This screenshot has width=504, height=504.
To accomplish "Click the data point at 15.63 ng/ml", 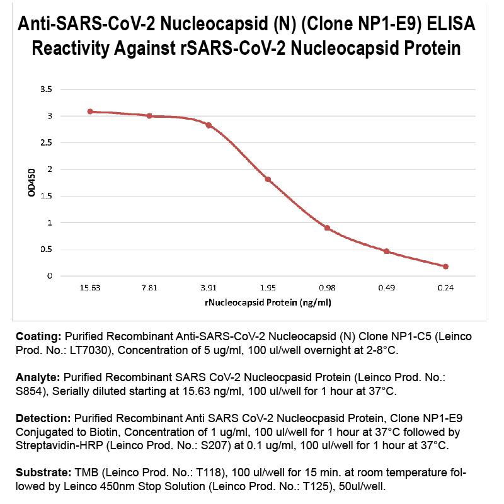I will point(90,112).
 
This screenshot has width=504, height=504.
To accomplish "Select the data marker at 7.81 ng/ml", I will point(149,116).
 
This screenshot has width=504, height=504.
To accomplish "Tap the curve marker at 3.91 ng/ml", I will point(209,125).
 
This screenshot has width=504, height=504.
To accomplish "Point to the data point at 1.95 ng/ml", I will point(268,180).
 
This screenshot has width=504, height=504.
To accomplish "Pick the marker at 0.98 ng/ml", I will point(327,227).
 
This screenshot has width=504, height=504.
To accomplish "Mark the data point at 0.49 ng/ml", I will point(386,251).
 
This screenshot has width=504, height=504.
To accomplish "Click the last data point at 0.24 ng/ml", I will point(445,266).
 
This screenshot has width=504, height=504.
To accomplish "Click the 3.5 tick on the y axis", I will point(46,89).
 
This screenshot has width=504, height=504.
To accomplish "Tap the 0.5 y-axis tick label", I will point(46,249).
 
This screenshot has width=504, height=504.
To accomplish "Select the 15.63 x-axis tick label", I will point(90,288).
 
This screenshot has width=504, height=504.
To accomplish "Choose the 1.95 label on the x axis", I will point(268,288).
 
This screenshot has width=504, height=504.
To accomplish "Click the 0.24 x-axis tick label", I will point(445,288).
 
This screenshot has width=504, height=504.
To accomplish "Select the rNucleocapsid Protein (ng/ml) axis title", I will point(268,302).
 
